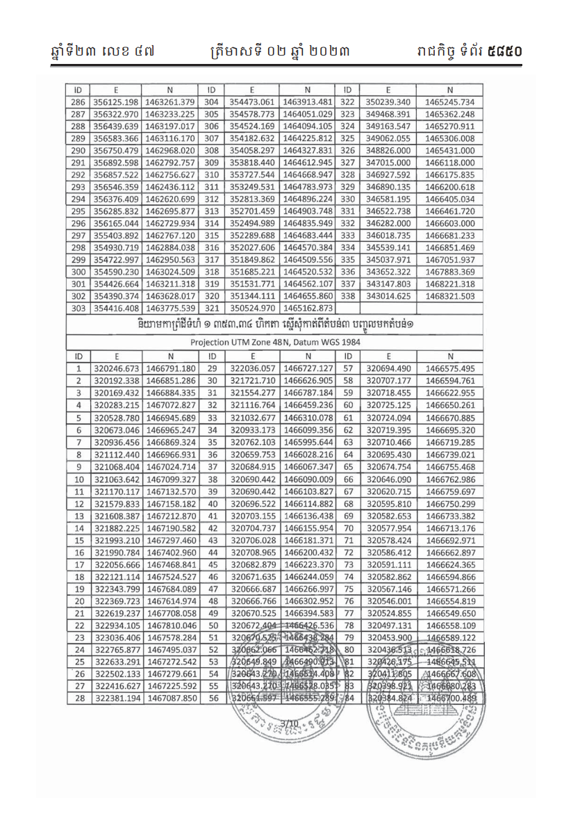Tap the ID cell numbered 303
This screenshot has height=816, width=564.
tap(78, 308)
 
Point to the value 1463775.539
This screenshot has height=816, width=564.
tap(170, 308)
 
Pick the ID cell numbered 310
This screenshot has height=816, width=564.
tap(208, 174)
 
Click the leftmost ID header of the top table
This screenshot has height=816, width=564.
tap(78, 90)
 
